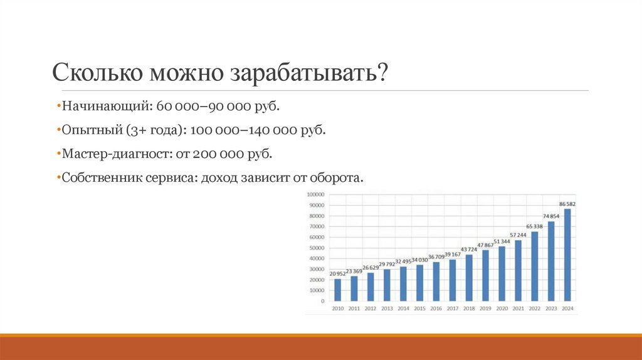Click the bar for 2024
pos(567,255)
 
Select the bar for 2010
pos(338,290)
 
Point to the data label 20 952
pos(337,273)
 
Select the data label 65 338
pos(534,226)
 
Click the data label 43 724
pos(469,249)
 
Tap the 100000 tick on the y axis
pos(315,194)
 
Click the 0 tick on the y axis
pos(322,301)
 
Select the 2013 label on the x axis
pos(387,309)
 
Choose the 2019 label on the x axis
pos(485,309)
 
